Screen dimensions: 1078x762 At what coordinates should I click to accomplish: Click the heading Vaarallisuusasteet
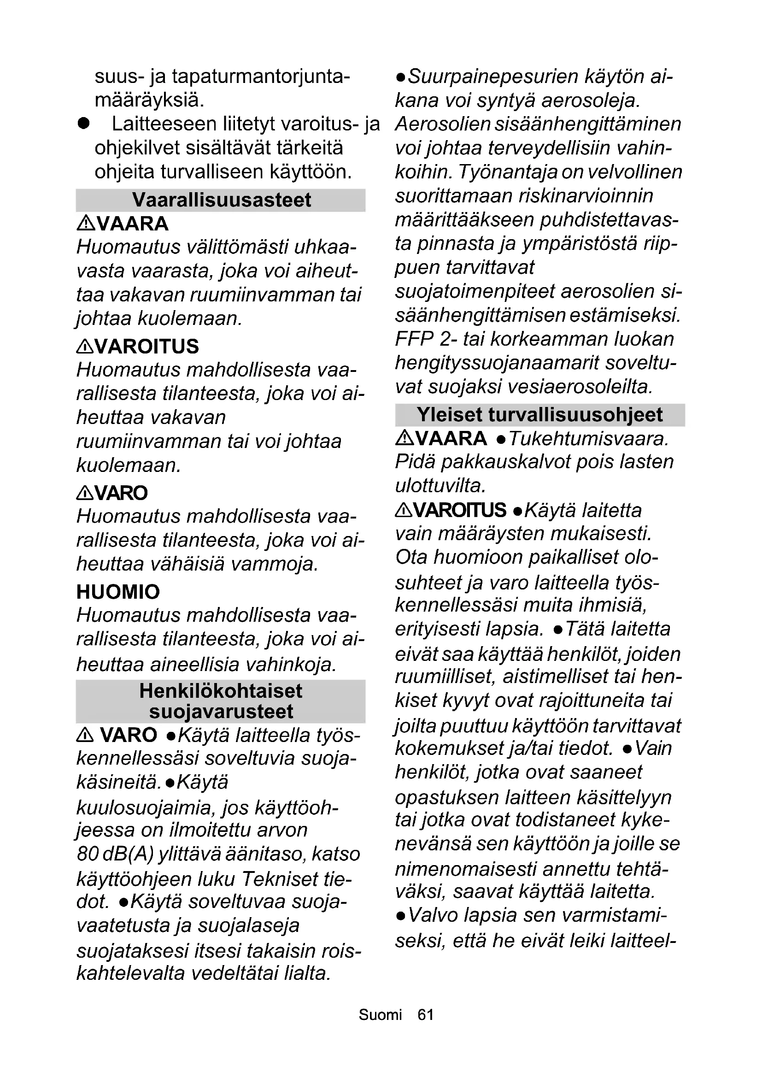pos(221,200)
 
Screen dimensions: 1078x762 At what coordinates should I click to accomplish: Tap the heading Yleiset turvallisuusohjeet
pos(539,415)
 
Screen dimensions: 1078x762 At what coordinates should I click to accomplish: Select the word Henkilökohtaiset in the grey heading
pos(221,691)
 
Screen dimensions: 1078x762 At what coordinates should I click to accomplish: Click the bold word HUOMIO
pos(118,592)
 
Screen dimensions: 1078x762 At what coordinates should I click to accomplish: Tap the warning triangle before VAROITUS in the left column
pos(85,347)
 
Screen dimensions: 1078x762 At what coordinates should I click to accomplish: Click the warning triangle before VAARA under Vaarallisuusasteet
pos(85,224)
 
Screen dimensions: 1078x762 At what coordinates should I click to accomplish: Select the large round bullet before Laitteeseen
pos(83,124)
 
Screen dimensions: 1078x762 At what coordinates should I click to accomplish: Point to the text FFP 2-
pos(426,339)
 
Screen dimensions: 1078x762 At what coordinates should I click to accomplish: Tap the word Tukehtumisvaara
pos(588,438)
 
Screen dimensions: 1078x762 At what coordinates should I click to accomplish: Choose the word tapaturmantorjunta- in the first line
pos(260,77)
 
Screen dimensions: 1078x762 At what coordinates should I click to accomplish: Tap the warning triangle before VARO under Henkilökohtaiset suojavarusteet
pos(84,736)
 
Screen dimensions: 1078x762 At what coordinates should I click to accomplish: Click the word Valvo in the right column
pos(432,915)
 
